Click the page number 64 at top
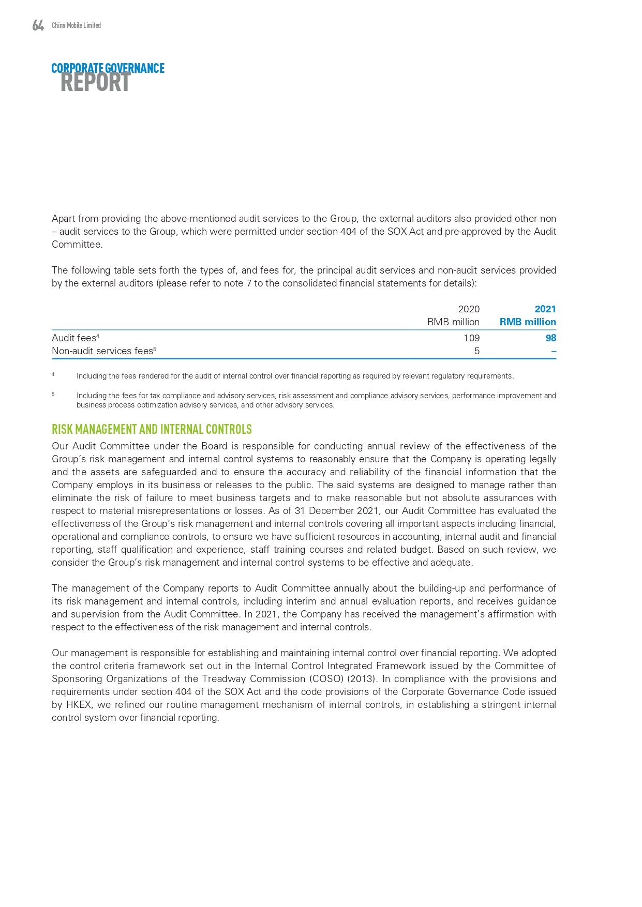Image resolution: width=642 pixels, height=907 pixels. (38, 25)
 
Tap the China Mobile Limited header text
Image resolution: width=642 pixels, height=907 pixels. (76, 25)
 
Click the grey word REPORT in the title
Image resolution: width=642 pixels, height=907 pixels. (95, 83)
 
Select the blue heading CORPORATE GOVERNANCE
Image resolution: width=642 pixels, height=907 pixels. (108, 68)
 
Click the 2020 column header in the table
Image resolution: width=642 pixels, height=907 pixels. (469, 309)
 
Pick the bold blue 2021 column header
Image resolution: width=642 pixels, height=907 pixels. (545, 309)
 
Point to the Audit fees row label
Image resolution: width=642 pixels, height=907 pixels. (74, 338)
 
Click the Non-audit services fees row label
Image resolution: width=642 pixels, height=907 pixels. (102, 351)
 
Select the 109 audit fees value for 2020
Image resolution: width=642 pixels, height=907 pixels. (471, 338)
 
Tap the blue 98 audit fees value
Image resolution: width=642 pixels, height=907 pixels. (550, 338)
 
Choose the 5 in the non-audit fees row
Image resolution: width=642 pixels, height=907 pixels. (476, 351)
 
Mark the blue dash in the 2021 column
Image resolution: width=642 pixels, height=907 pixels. (554, 351)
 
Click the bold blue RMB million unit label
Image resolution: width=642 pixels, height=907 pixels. (528, 322)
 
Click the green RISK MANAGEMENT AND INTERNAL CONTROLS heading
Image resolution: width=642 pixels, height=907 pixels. (152, 429)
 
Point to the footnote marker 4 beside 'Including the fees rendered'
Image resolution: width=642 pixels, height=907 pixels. (53, 374)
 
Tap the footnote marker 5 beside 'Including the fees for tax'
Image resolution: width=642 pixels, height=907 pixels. (53, 394)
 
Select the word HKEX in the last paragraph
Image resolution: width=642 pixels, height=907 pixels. (79, 705)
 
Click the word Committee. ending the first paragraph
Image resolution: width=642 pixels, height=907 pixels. (77, 245)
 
